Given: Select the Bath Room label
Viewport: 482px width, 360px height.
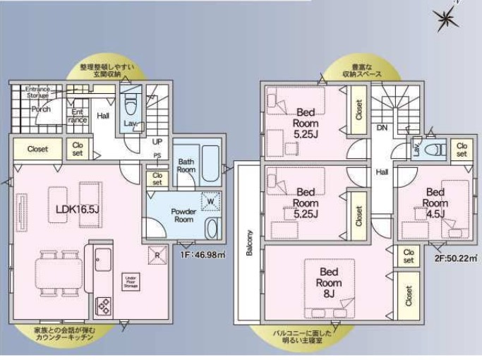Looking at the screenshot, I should pyautogui.click(x=186, y=166).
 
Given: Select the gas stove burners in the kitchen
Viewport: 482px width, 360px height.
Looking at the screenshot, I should pyautogui.click(x=103, y=305).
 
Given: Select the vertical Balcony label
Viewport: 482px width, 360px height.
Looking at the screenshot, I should pyautogui.click(x=249, y=243).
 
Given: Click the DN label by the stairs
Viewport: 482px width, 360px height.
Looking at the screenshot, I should pyautogui.click(x=382, y=128).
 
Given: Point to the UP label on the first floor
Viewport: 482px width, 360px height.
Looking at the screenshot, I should pyautogui.click(x=157, y=141).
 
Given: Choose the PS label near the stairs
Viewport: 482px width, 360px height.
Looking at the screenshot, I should pyautogui.click(x=157, y=156).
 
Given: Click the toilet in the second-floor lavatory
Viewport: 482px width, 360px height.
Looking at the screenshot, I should pyautogui.click(x=436, y=149).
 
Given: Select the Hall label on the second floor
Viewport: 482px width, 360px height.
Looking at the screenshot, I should pyautogui.click(x=382, y=172).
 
